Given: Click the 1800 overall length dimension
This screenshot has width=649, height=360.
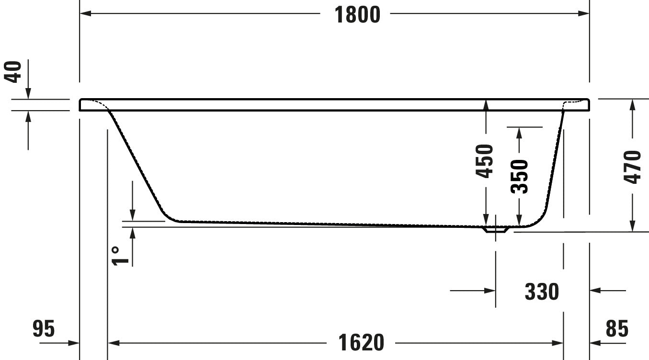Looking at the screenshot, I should coord(357,14).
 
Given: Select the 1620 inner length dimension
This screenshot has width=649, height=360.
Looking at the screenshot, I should coord(361,343).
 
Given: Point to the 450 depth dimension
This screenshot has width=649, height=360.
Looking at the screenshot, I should coord(485,161).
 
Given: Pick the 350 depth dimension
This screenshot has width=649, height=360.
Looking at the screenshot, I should coord(519,176).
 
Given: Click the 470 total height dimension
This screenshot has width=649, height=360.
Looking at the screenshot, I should coord(632,167).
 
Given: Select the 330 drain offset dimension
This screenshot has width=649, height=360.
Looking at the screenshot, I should coord(542,291).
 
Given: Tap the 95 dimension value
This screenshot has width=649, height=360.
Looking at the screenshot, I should coord(44,329).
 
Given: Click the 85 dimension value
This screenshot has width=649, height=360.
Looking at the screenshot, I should coord(617,329).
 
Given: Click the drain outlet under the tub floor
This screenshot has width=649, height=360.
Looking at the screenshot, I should coord(495,230).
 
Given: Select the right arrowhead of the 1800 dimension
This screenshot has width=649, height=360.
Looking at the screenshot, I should coord(584,13).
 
